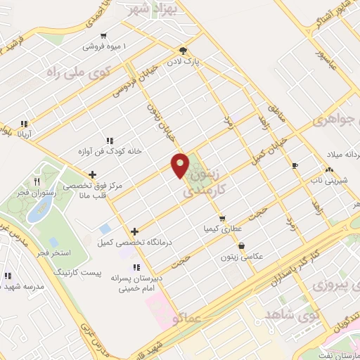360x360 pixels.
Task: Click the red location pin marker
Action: point(181,164)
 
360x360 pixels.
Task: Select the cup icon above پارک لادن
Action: point(183,51)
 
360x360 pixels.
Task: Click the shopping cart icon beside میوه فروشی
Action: point(104,36)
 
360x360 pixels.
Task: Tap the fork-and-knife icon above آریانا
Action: point(25,124)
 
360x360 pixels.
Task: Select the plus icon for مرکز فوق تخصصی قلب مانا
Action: point(92,174)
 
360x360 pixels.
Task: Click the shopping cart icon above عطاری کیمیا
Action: point(222,218)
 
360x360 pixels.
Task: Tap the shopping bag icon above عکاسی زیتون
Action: point(243,246)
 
